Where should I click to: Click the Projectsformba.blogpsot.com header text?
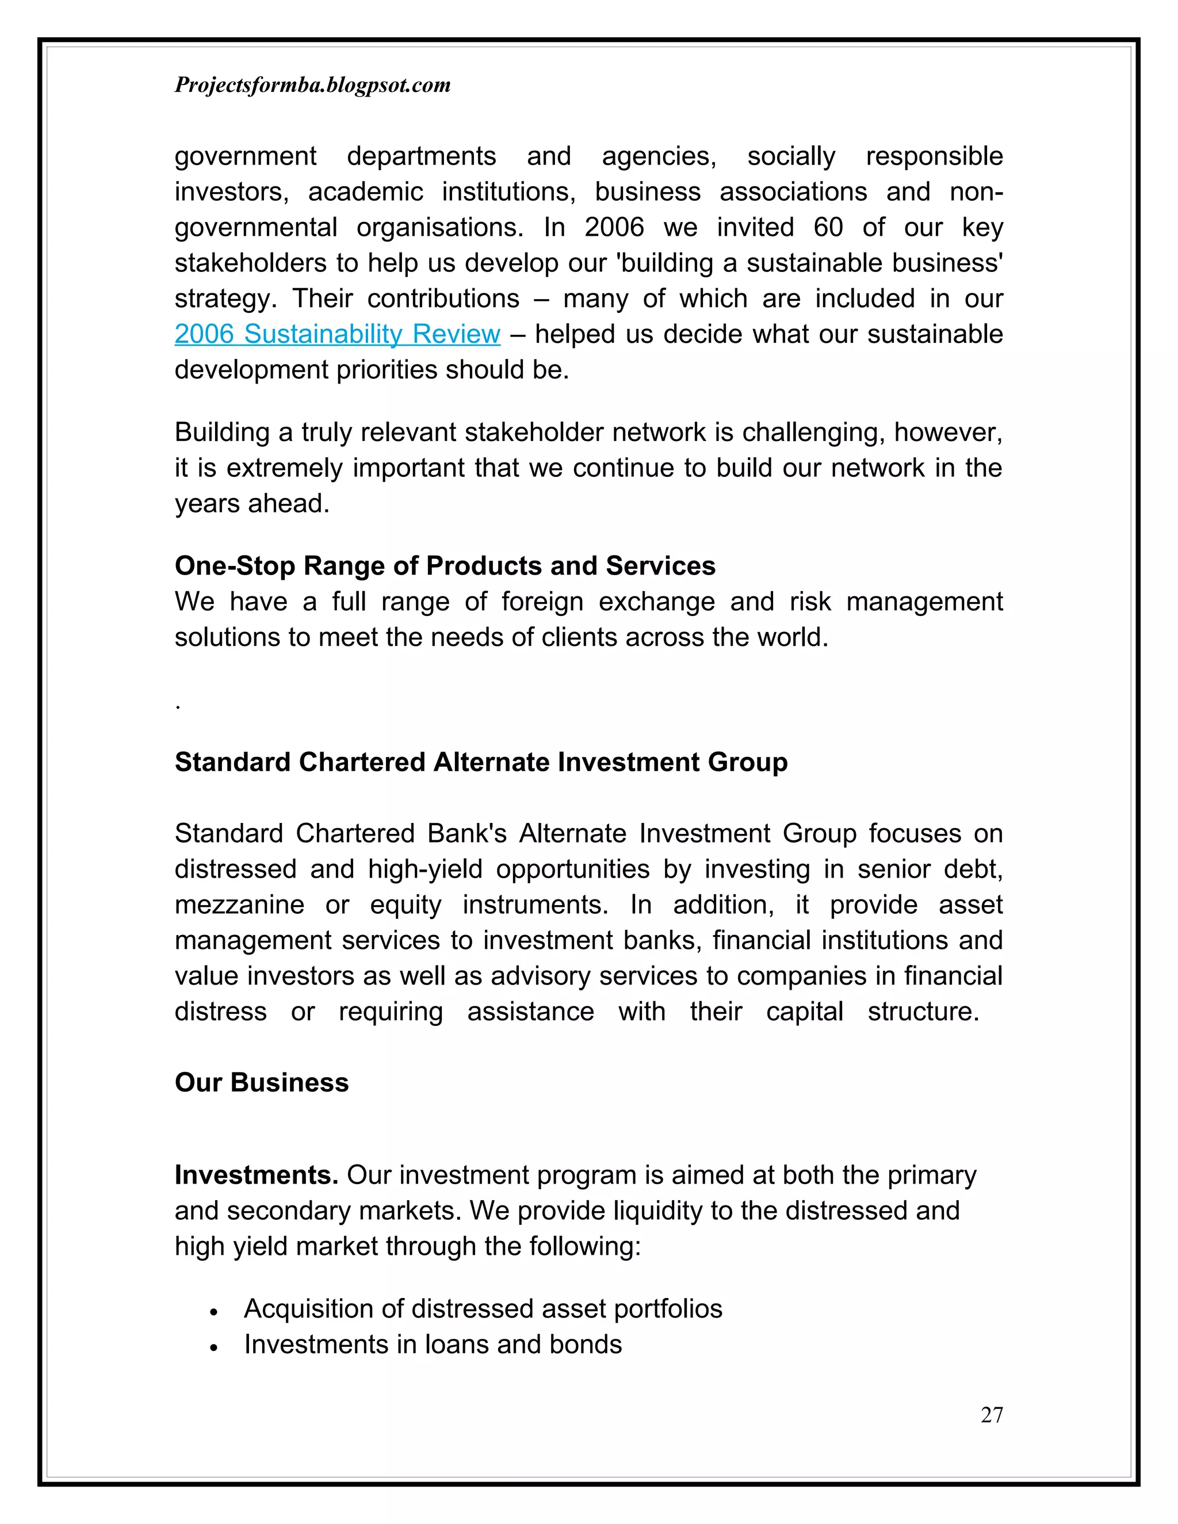point(312,85)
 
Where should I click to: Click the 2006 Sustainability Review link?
point(337,334)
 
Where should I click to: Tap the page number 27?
point(991,1415)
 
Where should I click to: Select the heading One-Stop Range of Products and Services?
point(445,565)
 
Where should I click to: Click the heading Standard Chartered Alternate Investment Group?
point(481,762)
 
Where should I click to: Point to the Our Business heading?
point(261,1082)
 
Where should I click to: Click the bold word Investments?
point(256,1175)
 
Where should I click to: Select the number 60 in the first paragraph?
point(828,228)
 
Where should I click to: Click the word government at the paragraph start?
point(245,156)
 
